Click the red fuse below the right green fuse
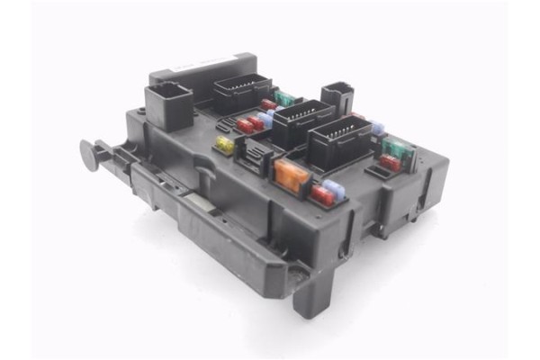point(389,163)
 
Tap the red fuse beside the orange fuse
point(321,193)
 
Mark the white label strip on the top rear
point(202,66)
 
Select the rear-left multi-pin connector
point(241,91)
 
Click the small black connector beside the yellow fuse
point(254,157)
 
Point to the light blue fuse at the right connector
point(377,128)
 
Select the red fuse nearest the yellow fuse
point(246,125)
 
